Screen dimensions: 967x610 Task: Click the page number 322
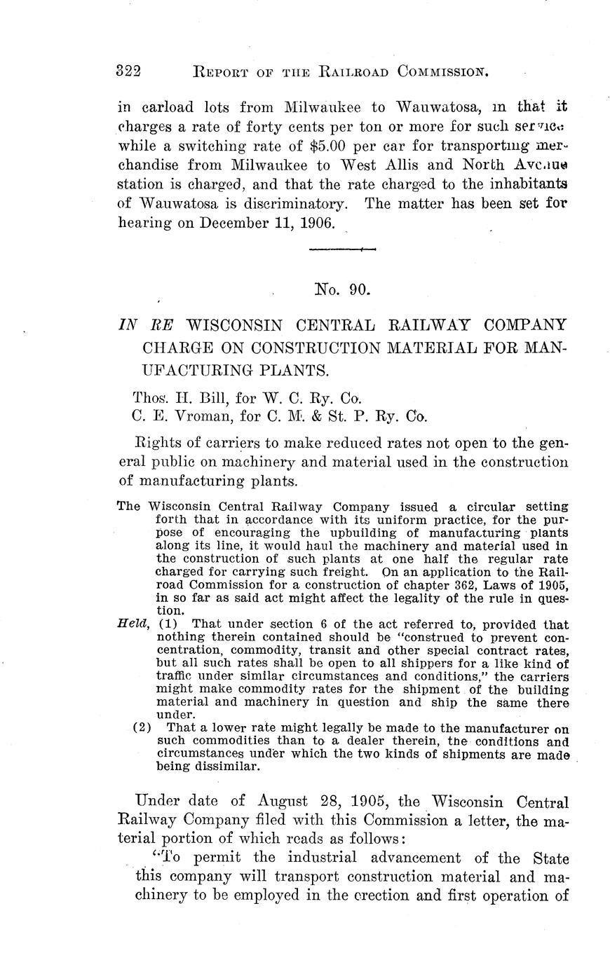click(x=129, y=71)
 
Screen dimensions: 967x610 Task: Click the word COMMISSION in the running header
click(x=442, y=71)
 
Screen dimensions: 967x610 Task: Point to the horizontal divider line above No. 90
click(x=342, y=249)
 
